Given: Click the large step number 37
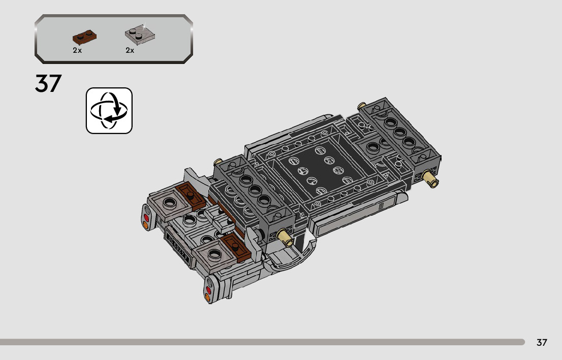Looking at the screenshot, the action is [x=48, y=83].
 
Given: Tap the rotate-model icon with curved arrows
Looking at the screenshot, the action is [x=109, y=111].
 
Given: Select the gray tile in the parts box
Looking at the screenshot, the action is [x=140, y=35].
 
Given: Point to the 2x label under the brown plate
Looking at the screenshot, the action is [x=77, y=50].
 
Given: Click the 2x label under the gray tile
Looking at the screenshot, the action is [x=130, y=50].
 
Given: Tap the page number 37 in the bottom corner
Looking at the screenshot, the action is [x=542, y=343].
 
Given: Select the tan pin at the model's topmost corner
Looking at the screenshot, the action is [x=362, y=106].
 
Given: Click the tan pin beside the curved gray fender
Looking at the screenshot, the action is [x=285, y=238].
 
